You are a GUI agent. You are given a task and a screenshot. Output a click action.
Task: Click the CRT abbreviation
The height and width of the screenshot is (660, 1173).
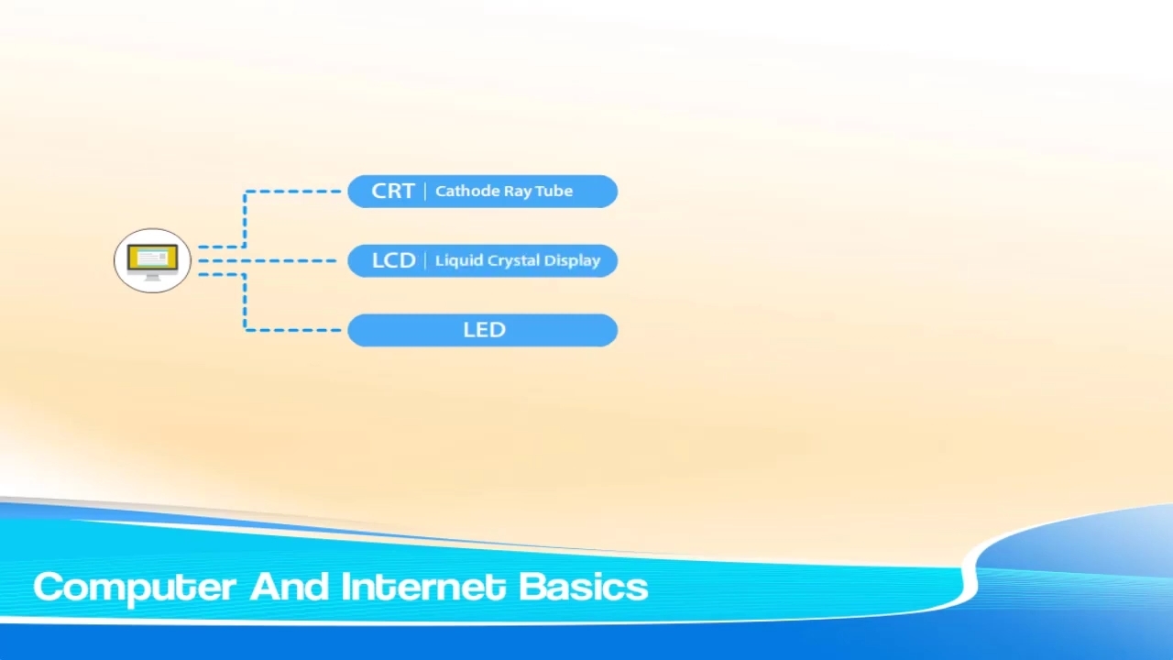click(x=393, y=192)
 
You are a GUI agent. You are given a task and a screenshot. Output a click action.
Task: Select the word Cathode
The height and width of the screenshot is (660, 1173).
click(x=460, y=192)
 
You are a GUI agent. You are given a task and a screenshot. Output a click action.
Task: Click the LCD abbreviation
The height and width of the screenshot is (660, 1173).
click(x=393, y=261)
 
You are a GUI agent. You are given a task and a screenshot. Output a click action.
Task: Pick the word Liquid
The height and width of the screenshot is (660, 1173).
click(x=455, y=261)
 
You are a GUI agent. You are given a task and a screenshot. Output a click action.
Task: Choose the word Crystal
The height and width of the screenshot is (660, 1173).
click(x=509, y=261)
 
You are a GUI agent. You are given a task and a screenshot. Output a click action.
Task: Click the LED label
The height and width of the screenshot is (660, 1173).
click(x=485, y=330)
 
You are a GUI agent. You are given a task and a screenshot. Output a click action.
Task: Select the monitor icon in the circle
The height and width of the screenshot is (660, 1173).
click(x=152, y=262)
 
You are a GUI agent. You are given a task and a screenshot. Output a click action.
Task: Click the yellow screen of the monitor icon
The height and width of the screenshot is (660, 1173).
click(x=152, y=258)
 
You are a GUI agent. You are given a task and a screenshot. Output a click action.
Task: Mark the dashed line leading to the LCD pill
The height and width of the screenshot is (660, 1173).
click(x=268, y=261)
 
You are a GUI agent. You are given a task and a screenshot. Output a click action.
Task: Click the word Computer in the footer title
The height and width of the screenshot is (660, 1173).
click(x=134, y=588)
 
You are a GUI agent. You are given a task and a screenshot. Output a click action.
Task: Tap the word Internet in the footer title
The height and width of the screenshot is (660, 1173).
click(x=423, y=586)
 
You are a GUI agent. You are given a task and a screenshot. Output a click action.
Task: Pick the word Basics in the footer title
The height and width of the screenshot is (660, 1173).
click(x=584, y=586)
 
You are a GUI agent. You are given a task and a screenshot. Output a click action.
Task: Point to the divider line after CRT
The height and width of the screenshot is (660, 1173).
click(x=424, y=192)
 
